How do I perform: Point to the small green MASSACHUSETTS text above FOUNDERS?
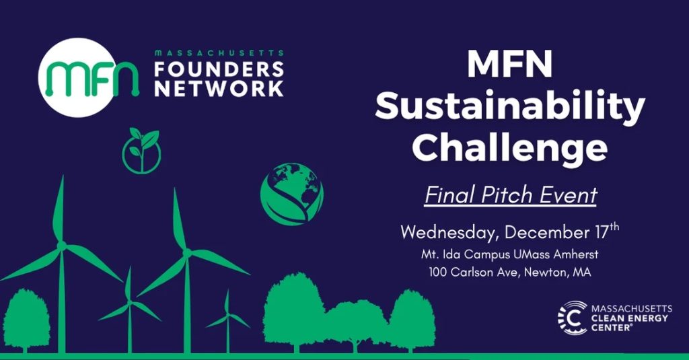point(219,52)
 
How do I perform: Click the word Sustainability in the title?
point(510,107)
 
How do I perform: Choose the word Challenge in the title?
point(510,147)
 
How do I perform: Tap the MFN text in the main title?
point(510,65)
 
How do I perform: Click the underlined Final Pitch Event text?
point(511,195)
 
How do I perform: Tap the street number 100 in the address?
point(439,273)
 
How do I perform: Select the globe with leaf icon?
point(292,193)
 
